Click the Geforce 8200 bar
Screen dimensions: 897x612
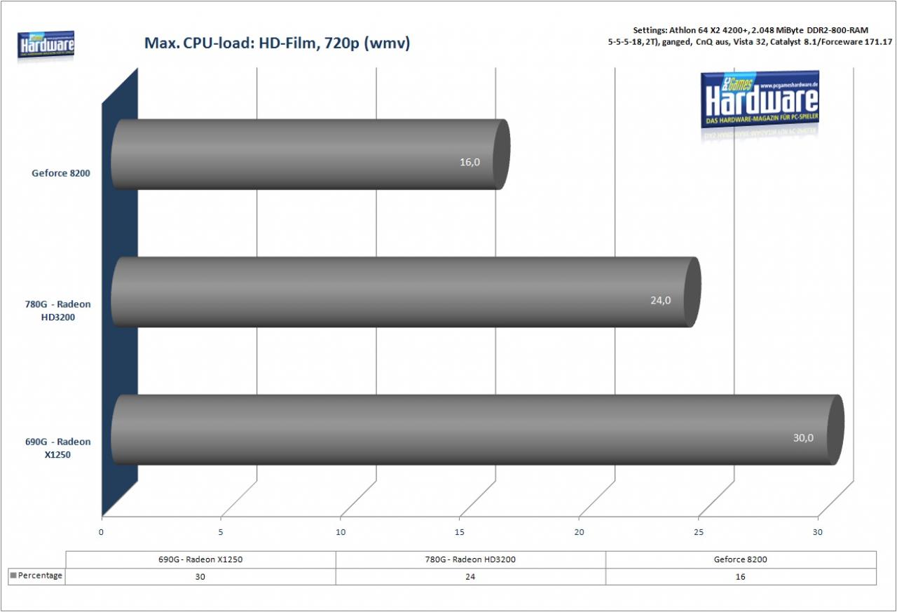[310, 154]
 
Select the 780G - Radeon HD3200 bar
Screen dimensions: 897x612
[406, 292]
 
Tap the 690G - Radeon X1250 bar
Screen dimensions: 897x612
[477, 430]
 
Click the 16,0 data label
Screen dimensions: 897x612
[470, 162]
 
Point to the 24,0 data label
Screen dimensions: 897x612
[660, 300]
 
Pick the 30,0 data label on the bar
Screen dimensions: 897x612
[803, 437]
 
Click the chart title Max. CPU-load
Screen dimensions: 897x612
[277, 43]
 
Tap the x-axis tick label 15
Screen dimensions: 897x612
[459, 532]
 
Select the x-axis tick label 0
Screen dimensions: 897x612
[101, 532]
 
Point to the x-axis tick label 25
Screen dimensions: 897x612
[699, 532]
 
